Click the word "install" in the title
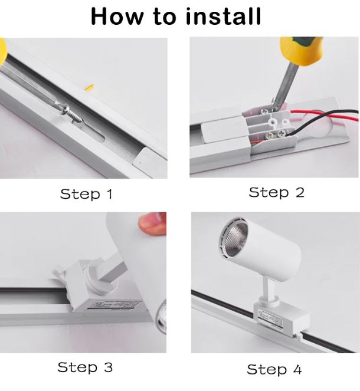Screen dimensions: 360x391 coord(223,16)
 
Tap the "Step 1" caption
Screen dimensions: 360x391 coord(86,194)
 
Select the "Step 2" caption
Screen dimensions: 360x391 coord(276,192)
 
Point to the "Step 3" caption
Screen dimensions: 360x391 coord(85,367)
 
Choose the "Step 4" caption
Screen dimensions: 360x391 coord(274,369)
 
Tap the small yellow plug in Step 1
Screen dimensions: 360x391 coord(90,87)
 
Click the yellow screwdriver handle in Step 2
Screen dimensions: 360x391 coord(302,51)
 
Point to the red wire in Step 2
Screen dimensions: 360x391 coord(325,115)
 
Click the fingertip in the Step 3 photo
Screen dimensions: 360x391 coord(153,224)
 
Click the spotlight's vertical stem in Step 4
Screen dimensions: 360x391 coord(267,287)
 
